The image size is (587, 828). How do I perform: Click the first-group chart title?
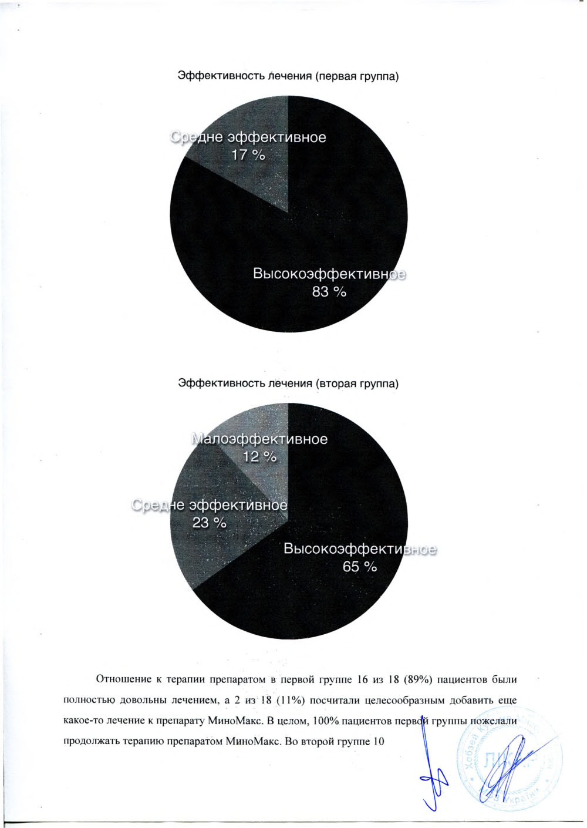288,76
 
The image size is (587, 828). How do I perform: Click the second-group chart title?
288,383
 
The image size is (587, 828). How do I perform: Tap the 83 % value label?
329,291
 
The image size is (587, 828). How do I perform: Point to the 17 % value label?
248,155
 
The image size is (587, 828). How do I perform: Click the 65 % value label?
360,567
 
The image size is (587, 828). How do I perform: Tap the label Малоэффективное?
260,439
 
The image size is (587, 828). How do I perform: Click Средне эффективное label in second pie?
210,505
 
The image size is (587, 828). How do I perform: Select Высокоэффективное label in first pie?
329,274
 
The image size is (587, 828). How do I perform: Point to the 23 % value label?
210,522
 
